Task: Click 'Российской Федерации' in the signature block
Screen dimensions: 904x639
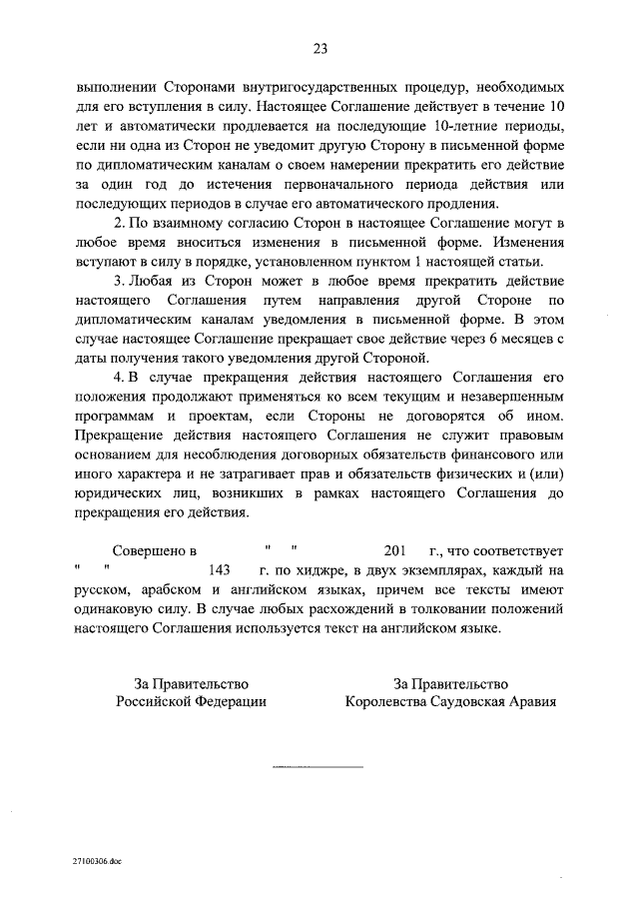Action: click(x=192, y=702)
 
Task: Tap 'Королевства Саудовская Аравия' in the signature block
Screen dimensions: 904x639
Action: click(x=450, y=702)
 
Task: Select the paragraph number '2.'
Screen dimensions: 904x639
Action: click(x=121, y=221)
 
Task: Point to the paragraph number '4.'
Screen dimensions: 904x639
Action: click(x=121, y=373)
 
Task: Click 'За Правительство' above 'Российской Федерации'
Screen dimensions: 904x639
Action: click(x=192, y=683)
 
